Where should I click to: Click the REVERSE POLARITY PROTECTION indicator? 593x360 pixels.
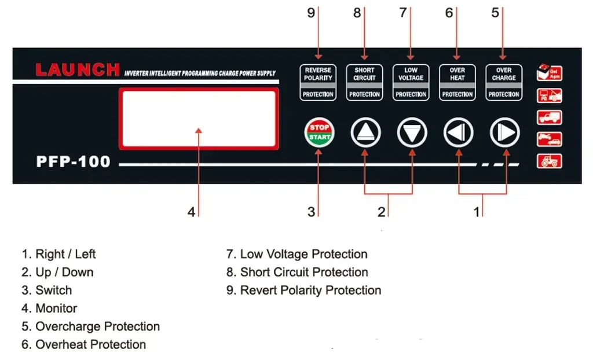coord(318,82)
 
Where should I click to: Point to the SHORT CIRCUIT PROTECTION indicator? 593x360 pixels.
coord(364,82)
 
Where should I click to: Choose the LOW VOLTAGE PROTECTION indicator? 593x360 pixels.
coord(411,82)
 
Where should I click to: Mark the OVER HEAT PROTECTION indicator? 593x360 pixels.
coord(457,82)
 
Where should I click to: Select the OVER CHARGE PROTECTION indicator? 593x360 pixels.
coord(504,82)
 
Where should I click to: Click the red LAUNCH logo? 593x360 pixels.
coord(78,70)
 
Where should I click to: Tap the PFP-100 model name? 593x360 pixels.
coord(73,161)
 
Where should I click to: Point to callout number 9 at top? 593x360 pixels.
coord(311,13)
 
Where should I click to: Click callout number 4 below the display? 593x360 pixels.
coord(191,212)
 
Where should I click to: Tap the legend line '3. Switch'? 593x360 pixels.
coord(47,290)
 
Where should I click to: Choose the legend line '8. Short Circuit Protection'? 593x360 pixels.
coord(297,272)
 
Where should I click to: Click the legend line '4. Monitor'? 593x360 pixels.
coord(49,308)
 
